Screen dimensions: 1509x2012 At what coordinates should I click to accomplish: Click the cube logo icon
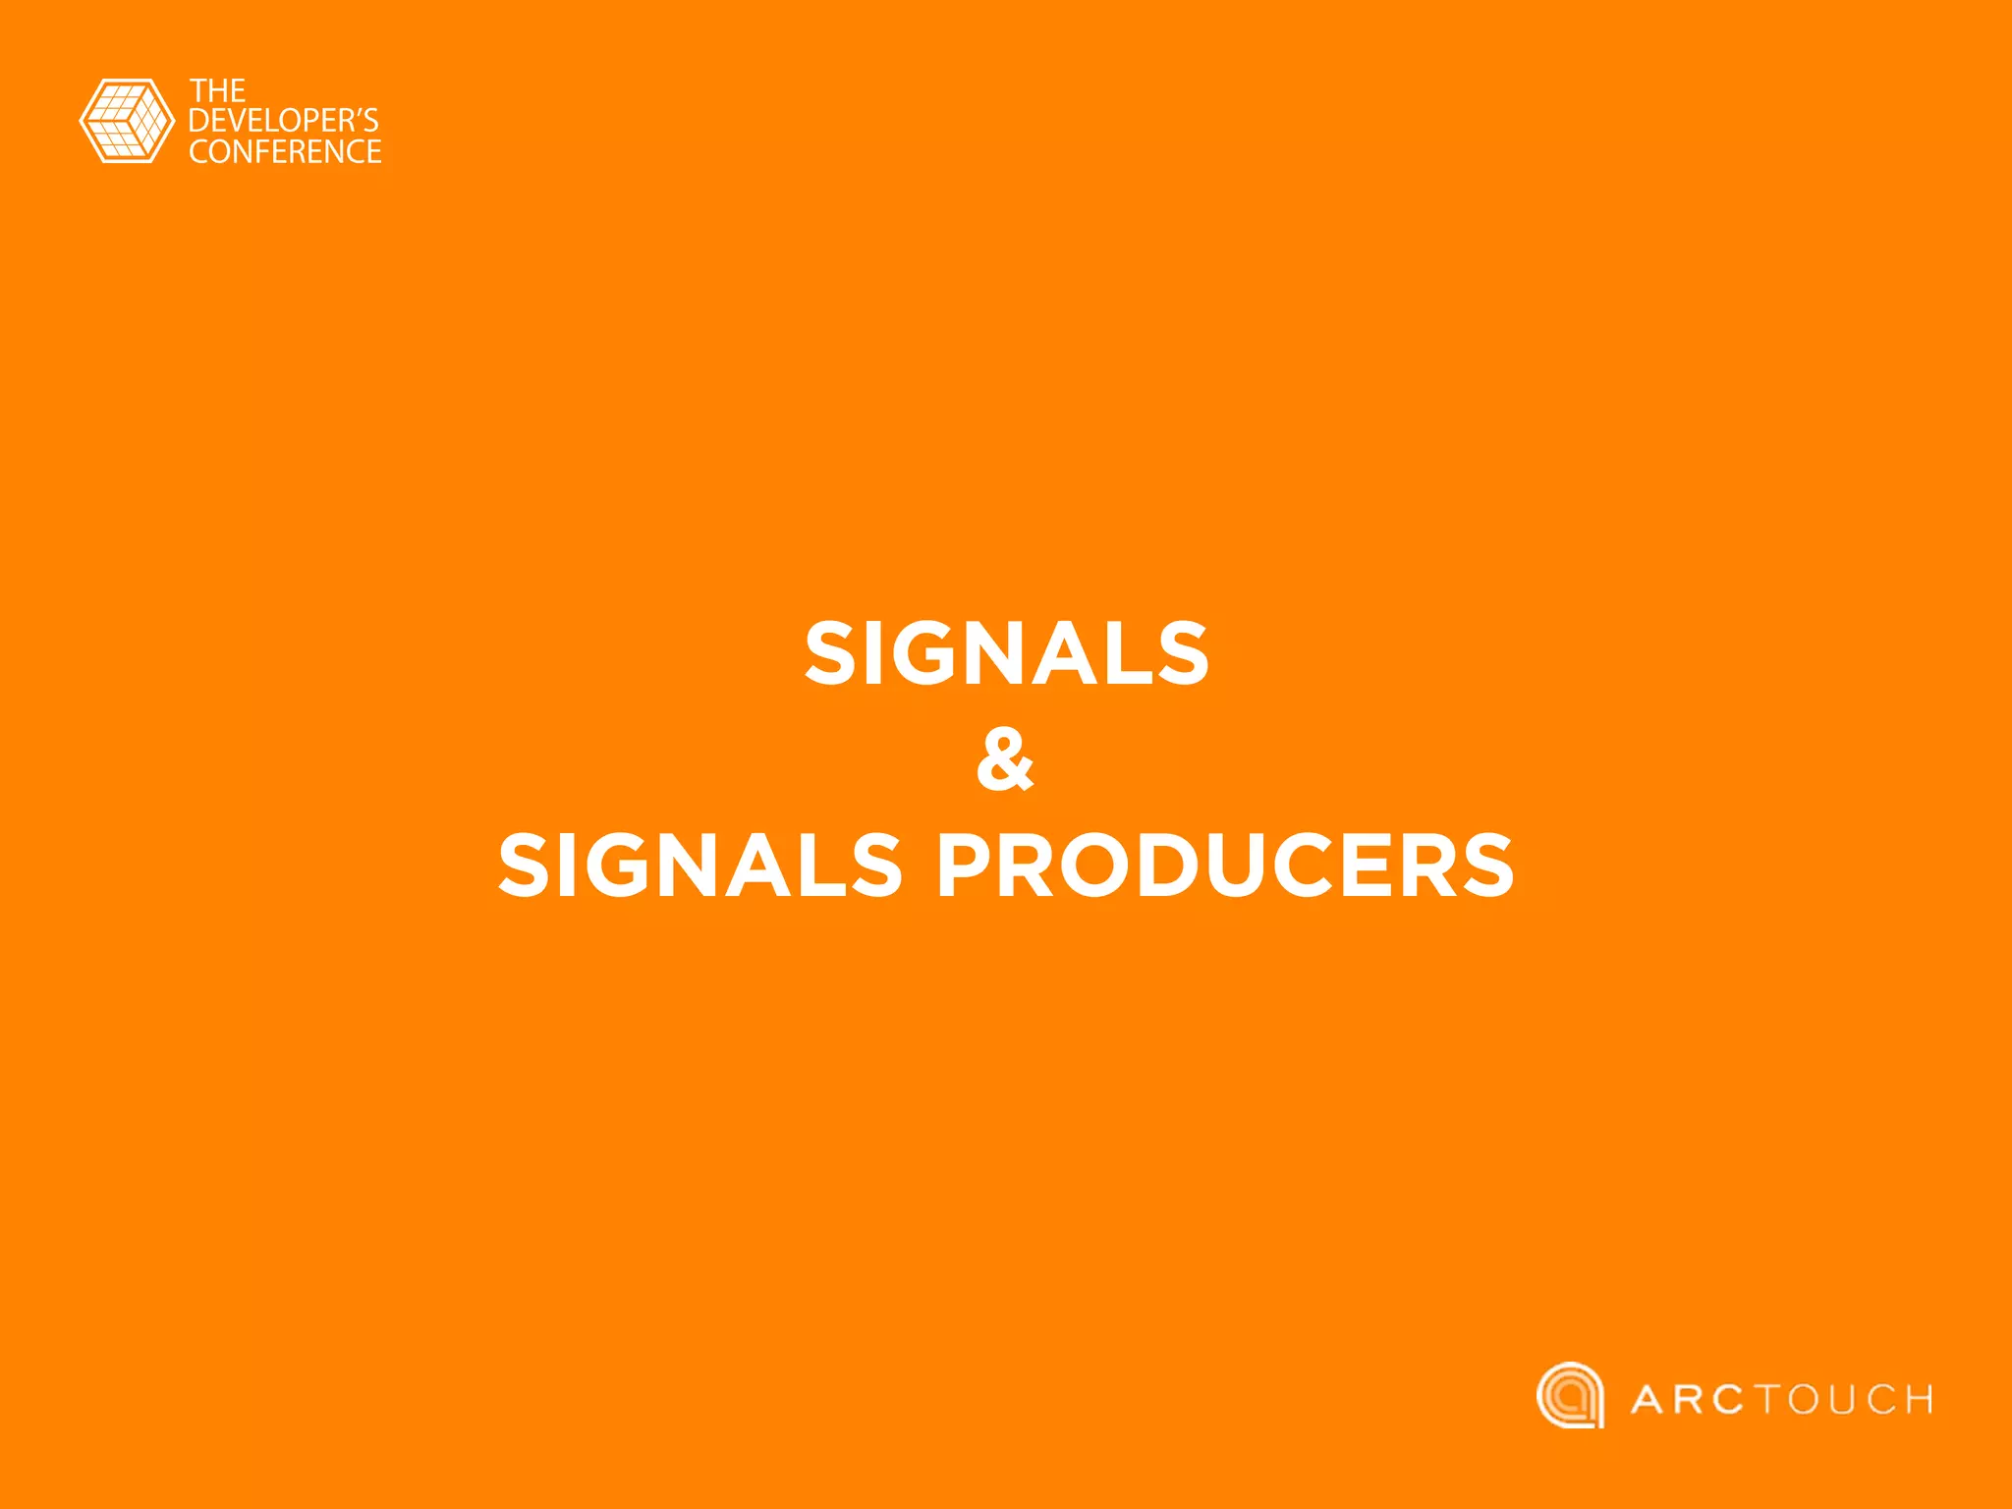126,121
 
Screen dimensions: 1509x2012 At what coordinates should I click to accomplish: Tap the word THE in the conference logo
217,91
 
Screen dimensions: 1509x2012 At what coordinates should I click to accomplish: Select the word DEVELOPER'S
283,121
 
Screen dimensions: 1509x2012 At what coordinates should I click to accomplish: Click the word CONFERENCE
285,151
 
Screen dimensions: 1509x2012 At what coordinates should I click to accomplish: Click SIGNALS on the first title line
1006,653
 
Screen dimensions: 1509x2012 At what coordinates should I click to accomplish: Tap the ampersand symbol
1005,759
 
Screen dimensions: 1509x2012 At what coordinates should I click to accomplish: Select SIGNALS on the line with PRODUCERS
699,866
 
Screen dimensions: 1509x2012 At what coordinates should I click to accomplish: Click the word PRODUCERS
1225,866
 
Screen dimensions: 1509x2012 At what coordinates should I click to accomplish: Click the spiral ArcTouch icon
1570,1395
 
